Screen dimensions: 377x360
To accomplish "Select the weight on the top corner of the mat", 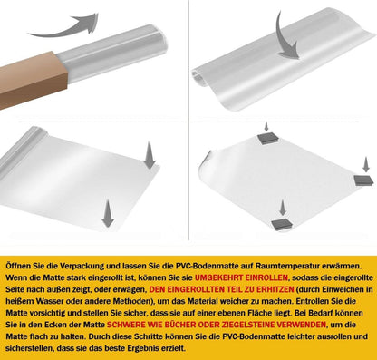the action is click(267, 138).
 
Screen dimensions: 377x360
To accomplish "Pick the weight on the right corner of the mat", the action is click(365, 180).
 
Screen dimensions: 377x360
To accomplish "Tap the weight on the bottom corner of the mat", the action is click(283, 224).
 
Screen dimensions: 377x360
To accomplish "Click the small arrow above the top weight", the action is click(266, 126).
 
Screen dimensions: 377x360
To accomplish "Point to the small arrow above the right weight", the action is click(366, 165).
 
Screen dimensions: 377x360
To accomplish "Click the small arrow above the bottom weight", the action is click(283, 208).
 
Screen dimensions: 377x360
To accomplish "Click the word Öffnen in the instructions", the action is click(16, 266).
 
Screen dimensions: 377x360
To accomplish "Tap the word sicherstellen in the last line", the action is click(29, 348).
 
